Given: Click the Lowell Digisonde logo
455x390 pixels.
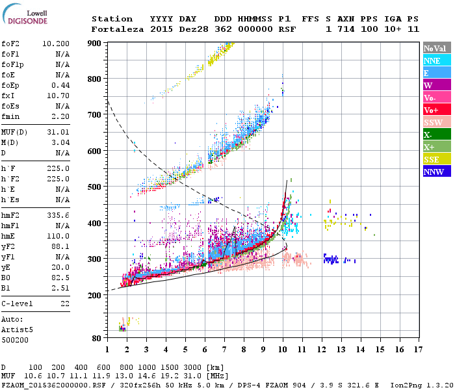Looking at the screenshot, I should [x=24, y=16].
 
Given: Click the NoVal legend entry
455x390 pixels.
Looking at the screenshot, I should [x=436, y=48].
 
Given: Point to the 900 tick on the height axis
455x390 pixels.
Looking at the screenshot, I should [x=95, y=44].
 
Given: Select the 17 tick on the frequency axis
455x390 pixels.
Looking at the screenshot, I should [x=417, y=350].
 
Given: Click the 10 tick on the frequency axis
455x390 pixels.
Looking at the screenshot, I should [x=283, y=350].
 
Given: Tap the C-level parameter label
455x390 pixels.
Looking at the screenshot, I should [x=17, y=304].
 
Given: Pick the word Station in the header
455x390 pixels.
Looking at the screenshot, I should [x=112, y=19].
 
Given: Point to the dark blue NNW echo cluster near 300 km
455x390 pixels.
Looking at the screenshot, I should [x=332, y=259].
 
